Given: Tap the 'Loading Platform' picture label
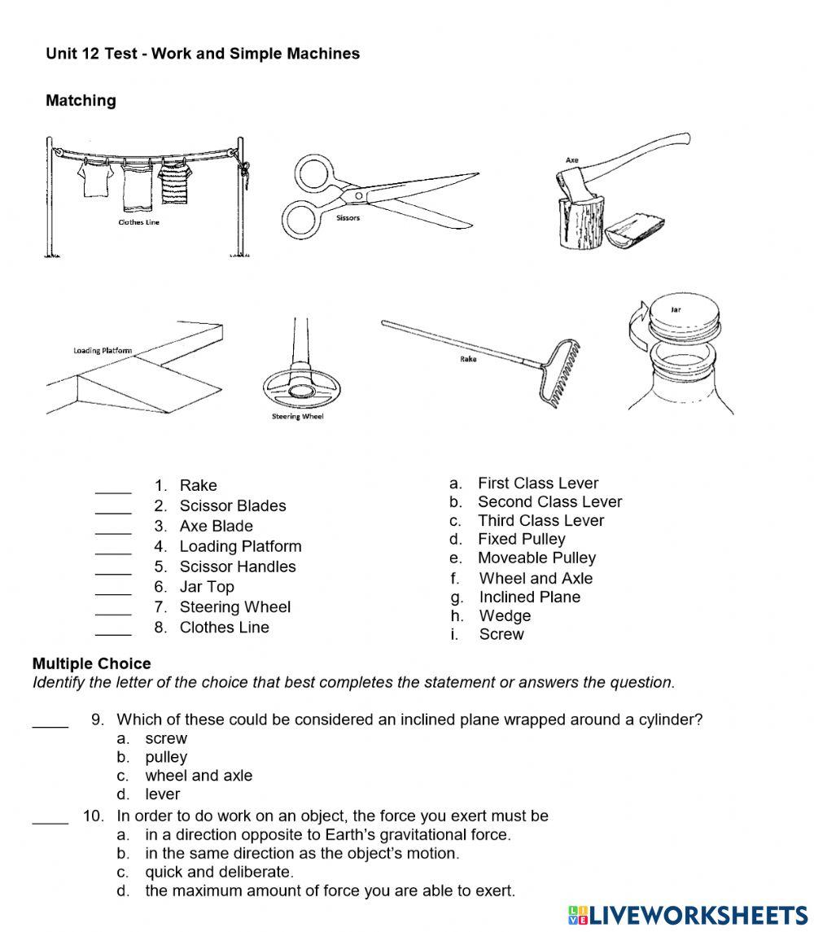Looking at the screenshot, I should coord(103,351).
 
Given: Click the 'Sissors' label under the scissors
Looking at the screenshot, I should coord(348,218).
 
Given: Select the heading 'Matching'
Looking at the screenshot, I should coord(81,100).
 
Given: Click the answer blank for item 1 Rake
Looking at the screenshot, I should coord(113,487).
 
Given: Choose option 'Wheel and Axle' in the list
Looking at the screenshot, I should coord(536,578).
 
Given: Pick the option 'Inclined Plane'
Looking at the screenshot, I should coord(529,597).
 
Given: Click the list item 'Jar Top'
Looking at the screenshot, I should coord(207,587).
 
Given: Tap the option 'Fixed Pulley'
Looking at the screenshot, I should coord(521,539).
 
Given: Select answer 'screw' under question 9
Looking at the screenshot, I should coord(166,739).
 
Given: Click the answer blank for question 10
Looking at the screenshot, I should coord(50,817).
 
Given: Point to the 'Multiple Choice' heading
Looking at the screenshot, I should coord(91,664).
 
